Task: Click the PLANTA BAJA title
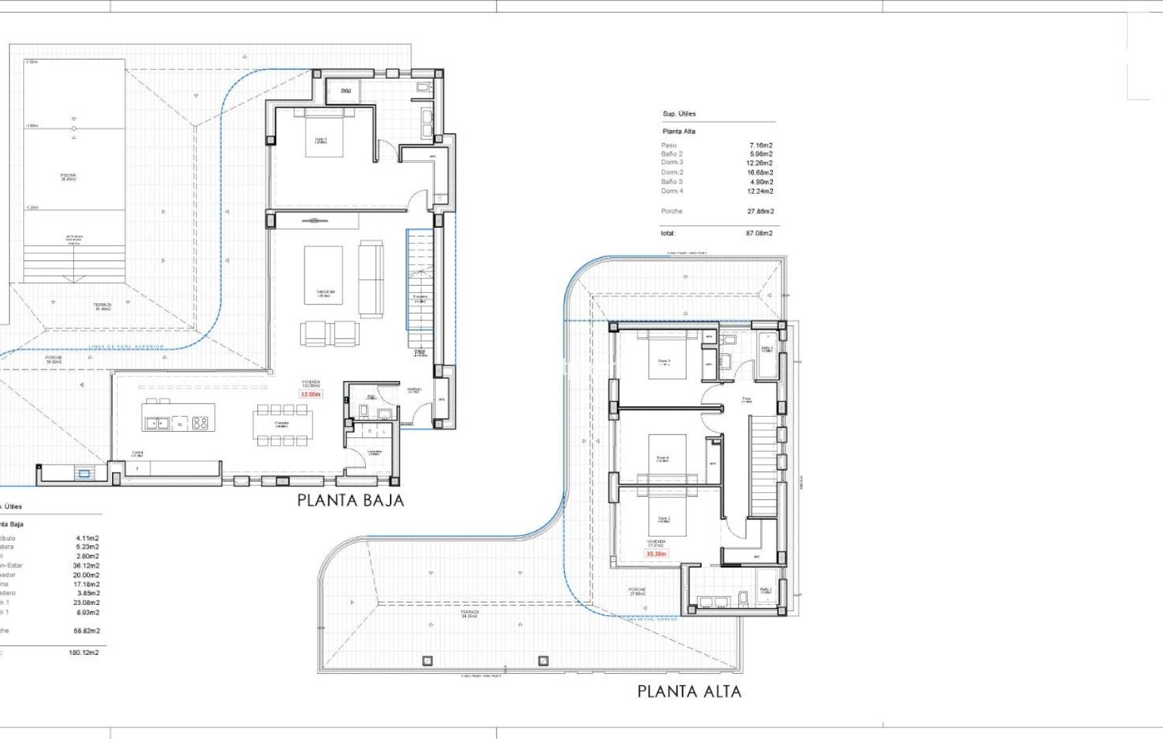(x=350, y=500)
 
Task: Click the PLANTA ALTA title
(x=689, y=691)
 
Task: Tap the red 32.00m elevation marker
(x=311, y=394)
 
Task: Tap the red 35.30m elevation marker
(x=657, y=554)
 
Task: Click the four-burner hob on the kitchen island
(x=200, y=424)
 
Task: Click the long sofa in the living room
(x=371, y=278)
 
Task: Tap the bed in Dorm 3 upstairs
(x=667, y=356)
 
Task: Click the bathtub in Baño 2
(x=766, y=356)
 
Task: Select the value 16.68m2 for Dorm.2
(x=759, y=172)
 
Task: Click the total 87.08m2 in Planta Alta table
(x=759, y=233)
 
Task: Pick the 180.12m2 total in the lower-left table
(x=83, y=653)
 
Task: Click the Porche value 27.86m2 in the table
(x=760, y=211)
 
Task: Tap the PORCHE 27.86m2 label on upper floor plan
(x=637, y=591)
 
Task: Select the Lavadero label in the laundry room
(x=374, y=452)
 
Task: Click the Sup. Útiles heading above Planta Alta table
(x=679, y=114)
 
